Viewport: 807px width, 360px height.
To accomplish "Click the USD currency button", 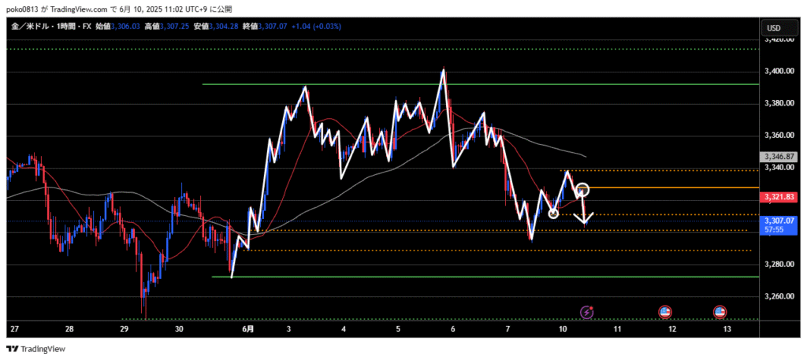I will coord(775,28).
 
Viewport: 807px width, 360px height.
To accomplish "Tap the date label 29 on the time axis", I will coord(124,328).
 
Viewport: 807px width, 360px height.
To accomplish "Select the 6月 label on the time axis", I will coord(247,328).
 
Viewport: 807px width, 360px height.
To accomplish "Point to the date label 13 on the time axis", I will coord(726,328).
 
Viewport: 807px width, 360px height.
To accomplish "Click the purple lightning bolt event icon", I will coord(586,313).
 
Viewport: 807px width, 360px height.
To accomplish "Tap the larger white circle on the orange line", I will coord(582,189).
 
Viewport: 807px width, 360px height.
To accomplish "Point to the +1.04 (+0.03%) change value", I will coord(318,27).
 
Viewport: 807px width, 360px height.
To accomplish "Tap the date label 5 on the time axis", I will coord(398,328).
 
